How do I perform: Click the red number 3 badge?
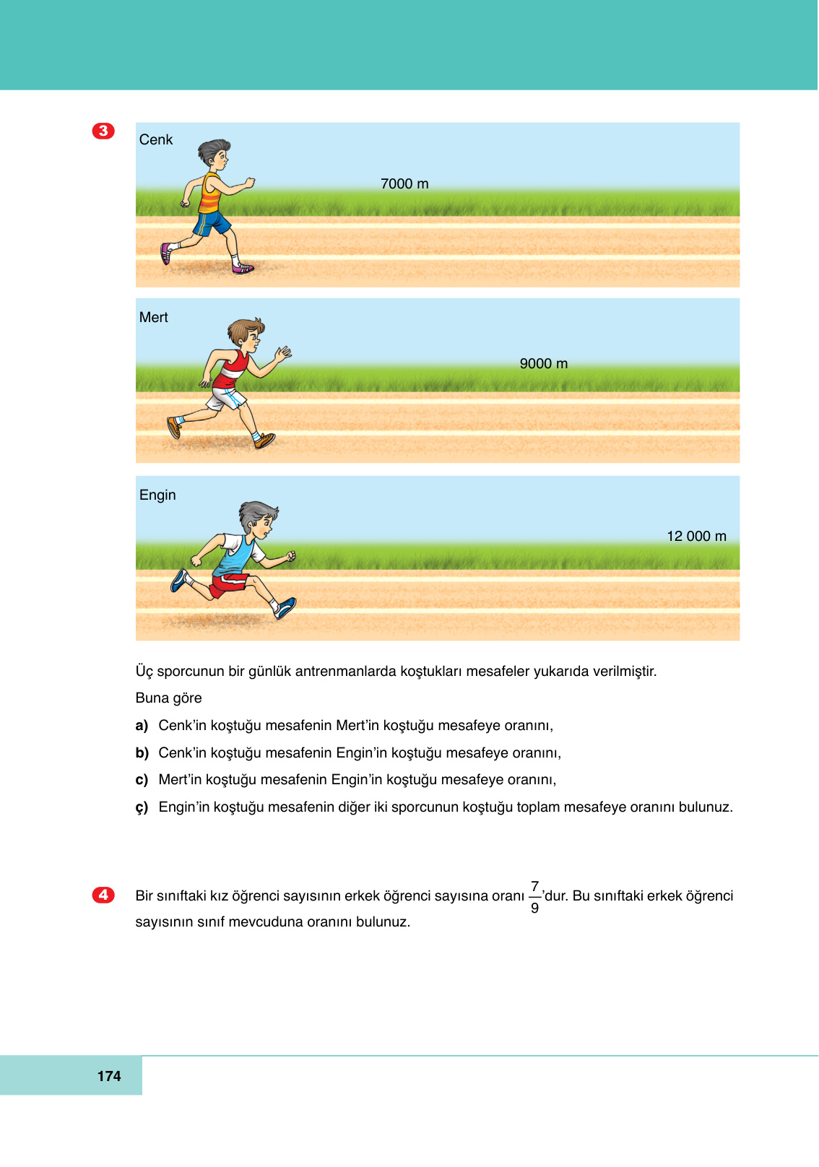point(103,131)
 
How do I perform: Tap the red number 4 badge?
point(103,895)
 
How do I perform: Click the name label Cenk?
point(156,139)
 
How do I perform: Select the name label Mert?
point(153,317)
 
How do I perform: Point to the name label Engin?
point(157,495)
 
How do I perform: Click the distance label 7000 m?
point(404,183)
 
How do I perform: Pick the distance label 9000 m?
point(544,363)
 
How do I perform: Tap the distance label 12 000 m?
point(696,536)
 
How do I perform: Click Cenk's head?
point(214,153)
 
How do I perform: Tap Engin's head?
point(259,519)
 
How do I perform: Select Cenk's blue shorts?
point(212,222)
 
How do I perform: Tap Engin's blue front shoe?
point(285,608)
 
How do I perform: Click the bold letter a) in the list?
point(142,725)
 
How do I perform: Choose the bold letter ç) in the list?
point(142,807)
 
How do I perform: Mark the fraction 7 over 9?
point(534,896)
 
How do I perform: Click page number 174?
point(109,1076)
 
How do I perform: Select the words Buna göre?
point(168,698)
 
